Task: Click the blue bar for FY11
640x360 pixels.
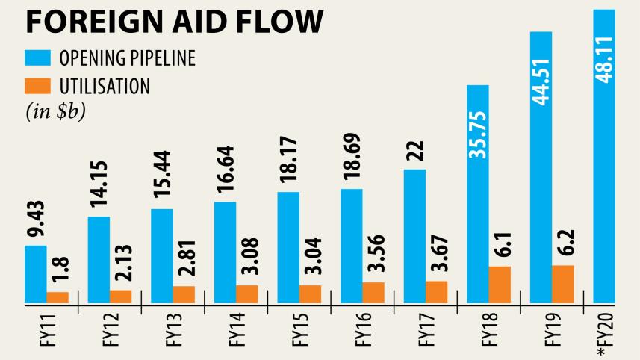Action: pos(35,274)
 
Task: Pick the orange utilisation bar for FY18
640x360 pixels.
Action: pos(500,285)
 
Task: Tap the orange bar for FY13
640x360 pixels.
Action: pos(184,294)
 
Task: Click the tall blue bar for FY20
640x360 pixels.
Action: pos(603,157)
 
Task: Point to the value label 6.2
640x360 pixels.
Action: pos(563,241)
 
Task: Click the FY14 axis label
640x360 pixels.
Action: pos(237,332)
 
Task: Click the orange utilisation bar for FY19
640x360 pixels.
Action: pos(562,284)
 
